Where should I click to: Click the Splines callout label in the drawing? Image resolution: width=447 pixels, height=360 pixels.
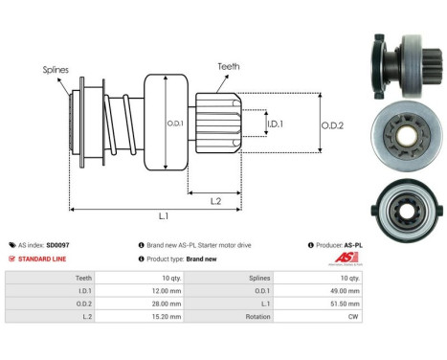pyautogui.click(x=55, y=69)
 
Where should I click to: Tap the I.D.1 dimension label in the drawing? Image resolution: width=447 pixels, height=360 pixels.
pyautogui.click(x=274, y=124)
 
